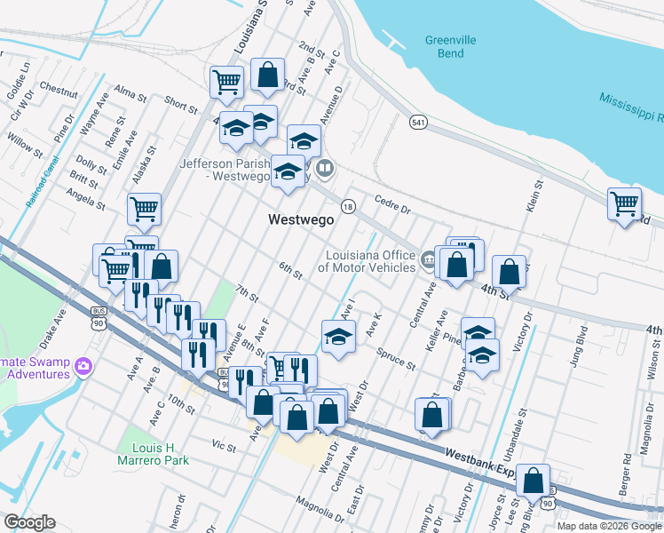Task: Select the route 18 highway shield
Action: tap(349, 205)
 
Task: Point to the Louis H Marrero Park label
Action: tap(154, 454)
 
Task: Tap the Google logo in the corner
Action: tap(29, 521)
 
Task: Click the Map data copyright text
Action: tap(608, 526)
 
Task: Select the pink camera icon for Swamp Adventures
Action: tap(83, 365)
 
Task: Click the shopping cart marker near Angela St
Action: tap(144, 210)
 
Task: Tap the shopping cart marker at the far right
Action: tap(624, 203)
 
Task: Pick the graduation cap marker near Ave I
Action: tap(336, 338)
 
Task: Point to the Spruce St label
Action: tap(398, 358)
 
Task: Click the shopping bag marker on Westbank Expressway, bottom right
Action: tap(533, 481)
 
